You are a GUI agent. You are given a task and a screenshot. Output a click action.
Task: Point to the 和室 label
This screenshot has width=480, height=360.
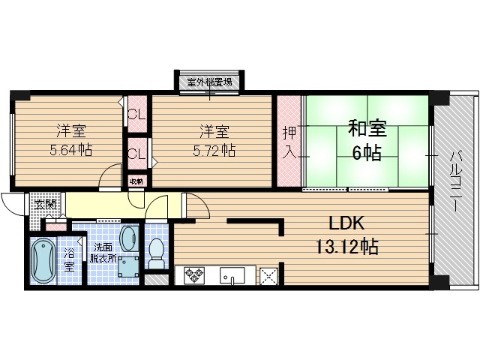[x=366, y=128]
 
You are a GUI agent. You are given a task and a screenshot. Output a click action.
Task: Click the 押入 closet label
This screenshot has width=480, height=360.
[x=289, y=142]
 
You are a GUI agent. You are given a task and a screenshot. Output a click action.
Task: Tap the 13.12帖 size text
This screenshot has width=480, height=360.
[x=345, y=245]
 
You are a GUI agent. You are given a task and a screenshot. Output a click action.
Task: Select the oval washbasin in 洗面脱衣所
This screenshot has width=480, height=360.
[x=128, y=238]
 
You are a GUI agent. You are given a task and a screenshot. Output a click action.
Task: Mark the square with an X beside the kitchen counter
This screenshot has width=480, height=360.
[x=268, y=275]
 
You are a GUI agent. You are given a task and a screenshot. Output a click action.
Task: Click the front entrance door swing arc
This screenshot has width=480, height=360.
[x=13, y=204]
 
